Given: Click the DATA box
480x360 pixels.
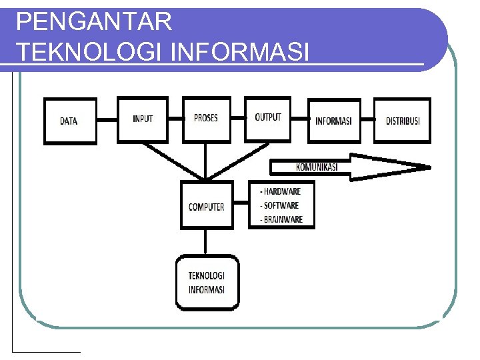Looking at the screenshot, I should pos(70,121).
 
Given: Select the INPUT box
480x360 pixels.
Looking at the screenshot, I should pos(143,119).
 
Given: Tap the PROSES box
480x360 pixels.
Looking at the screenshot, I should pos(205,119).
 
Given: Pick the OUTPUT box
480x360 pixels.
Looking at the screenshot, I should pos(268,118).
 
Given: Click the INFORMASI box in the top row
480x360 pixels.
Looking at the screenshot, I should pos(333,121).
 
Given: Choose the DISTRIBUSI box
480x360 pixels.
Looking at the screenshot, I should pos(403,121).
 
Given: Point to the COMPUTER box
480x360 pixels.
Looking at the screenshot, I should pos(207,206).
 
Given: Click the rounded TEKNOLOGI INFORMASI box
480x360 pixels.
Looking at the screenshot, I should pos(207,283).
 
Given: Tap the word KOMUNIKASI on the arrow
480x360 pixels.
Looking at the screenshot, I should pos(316,167).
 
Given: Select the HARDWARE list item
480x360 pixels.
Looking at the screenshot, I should pos(281,191).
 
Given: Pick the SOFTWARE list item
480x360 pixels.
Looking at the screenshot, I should pos(280,205).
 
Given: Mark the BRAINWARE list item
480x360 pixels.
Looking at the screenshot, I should pos(281,219).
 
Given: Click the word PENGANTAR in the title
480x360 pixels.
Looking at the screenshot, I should pos(94,23).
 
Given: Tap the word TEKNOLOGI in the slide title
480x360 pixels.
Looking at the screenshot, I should pos(90,51).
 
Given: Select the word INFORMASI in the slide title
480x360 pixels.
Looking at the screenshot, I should pos(240,51).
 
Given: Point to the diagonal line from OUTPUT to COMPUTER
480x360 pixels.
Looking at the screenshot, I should pos(237,161).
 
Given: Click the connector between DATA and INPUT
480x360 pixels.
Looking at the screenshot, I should pos(107,121).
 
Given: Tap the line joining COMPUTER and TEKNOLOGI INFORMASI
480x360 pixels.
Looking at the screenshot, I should pos(206,242).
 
